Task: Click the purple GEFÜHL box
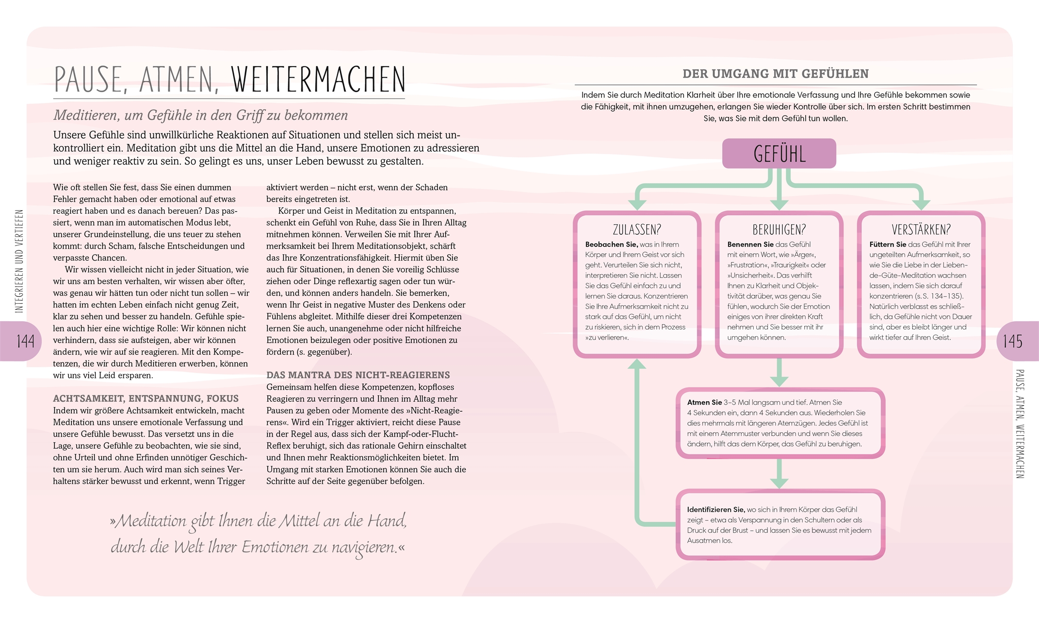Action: [x=779, y=154]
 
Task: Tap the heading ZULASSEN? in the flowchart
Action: [x=636, y=229]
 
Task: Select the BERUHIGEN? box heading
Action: [x=779, y=229]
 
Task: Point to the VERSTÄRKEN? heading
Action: [x=921, y=229]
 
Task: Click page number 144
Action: [x=25, y=341]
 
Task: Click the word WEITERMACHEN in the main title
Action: [x=318, y=80]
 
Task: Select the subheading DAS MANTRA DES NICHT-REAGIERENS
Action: [x=358, y=375]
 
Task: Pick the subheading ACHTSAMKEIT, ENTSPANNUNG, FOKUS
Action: [x=146, y=399]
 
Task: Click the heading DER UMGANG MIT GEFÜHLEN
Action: [x=776, y=74]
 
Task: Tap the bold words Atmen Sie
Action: [x=704, y=403]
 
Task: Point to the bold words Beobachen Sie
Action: [x=611, y=245]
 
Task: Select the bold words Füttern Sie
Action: [x=888, y=245]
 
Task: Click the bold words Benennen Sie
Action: [x=750, y=245]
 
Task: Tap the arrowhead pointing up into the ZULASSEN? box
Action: [x=637, y=364]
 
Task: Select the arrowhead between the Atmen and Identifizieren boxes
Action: [x=779, y=483]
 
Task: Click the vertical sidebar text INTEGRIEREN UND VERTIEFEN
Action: [x=19, y=261]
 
